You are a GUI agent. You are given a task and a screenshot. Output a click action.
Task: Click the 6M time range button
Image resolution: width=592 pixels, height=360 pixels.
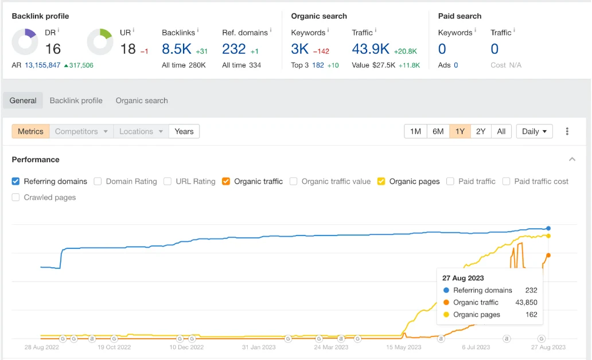click(x=438, y=131)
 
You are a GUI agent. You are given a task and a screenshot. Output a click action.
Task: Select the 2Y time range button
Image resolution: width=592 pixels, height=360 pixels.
click(x=481, y=131)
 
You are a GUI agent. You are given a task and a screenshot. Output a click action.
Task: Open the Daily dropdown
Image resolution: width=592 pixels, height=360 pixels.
click(x=534, y=131)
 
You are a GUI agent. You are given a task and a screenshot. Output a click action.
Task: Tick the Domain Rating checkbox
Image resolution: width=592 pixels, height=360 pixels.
click(x=98, y=181)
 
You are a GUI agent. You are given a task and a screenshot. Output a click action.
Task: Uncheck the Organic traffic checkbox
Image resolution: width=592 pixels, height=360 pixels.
click(x=226, y=181)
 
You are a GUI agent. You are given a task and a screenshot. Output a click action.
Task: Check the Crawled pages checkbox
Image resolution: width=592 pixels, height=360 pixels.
click(x=16, y=197)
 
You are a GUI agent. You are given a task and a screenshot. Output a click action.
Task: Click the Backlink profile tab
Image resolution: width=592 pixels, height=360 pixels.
click(x=76, y=100)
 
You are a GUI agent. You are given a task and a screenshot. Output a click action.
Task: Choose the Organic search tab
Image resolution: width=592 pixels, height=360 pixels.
click(x=142, y=100)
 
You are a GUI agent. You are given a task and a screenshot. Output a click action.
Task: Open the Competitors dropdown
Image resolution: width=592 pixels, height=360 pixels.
click(x=81, y=131)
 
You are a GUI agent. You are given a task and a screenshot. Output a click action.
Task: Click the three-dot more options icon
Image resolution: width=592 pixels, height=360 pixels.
click(x=567, y=131)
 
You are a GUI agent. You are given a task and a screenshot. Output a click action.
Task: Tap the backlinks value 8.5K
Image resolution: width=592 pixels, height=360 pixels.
click(x=176, y=49)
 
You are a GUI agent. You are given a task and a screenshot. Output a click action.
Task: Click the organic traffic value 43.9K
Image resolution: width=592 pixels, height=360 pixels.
click(x=371, y=49)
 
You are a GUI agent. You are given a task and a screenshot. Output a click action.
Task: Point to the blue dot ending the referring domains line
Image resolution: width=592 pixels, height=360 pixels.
click(x=548, y=228)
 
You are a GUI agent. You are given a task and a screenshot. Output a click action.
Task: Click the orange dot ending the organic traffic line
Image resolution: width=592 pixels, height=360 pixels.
click(x=548, y=255)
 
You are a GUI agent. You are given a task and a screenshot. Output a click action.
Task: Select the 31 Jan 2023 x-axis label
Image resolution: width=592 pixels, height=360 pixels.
click(x=259, y=347)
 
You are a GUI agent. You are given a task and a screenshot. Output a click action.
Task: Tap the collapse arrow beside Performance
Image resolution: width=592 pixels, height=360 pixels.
click(x=572, y=159)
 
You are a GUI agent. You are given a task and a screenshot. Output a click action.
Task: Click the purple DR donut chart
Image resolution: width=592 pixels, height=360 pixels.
click(x=25, y=42)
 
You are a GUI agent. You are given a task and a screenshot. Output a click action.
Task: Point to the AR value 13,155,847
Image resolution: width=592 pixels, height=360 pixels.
click(x=42, y=65)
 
